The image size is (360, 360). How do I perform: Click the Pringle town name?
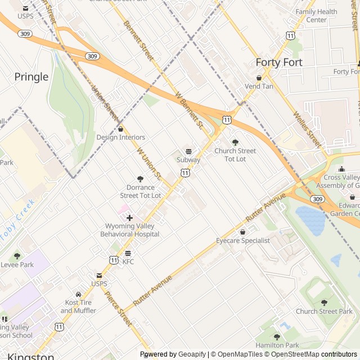pyautogui.click(x=31, y=76)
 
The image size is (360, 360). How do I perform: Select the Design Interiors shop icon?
pyautogui.click(x=120, y=129)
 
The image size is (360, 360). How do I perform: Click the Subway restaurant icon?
pyautogui.click(x=188, y=151)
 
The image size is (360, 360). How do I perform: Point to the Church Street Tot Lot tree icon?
pyautogui.click(x=235, y=142)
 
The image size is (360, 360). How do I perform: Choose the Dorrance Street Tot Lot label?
pyautogui.click(x=141, y=191)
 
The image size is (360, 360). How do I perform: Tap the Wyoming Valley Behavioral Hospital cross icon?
pyautogui.click(x=129, y=218)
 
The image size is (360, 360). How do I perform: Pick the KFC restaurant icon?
pyautogui.click(x=128, y=253)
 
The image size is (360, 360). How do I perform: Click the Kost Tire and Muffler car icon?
pyautogui.click(x=79, y=294)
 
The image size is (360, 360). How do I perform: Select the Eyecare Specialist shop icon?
pyautogui.click(x=243, y=232)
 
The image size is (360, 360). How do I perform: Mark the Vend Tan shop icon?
pyautogui.click(x=259, y=78)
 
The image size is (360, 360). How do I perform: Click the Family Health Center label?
pyautogui.click(x=317, y=16)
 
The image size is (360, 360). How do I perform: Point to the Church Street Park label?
pyautogui.click(x=324, y=312)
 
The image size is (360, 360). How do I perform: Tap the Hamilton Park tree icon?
pyautogui.click(x=277, y=336)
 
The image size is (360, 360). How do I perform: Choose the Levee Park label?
pyautogui.click(x=17, y=264)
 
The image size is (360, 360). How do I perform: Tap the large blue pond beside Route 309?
pyautogui.click(x=310, y=220)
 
